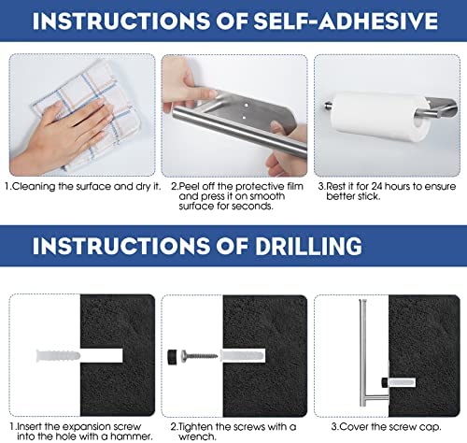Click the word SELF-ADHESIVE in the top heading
347,21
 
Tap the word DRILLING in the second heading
309,246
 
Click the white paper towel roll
379,116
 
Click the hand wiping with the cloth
63,134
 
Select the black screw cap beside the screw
172,357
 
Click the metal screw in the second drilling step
199,355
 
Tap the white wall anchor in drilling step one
58,356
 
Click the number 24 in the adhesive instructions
376,186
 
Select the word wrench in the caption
197,436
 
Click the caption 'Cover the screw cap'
387,426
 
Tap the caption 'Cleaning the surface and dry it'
83,186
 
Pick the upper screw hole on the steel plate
247,106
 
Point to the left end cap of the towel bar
328,106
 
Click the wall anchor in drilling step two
243,356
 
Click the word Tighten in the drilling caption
196,426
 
